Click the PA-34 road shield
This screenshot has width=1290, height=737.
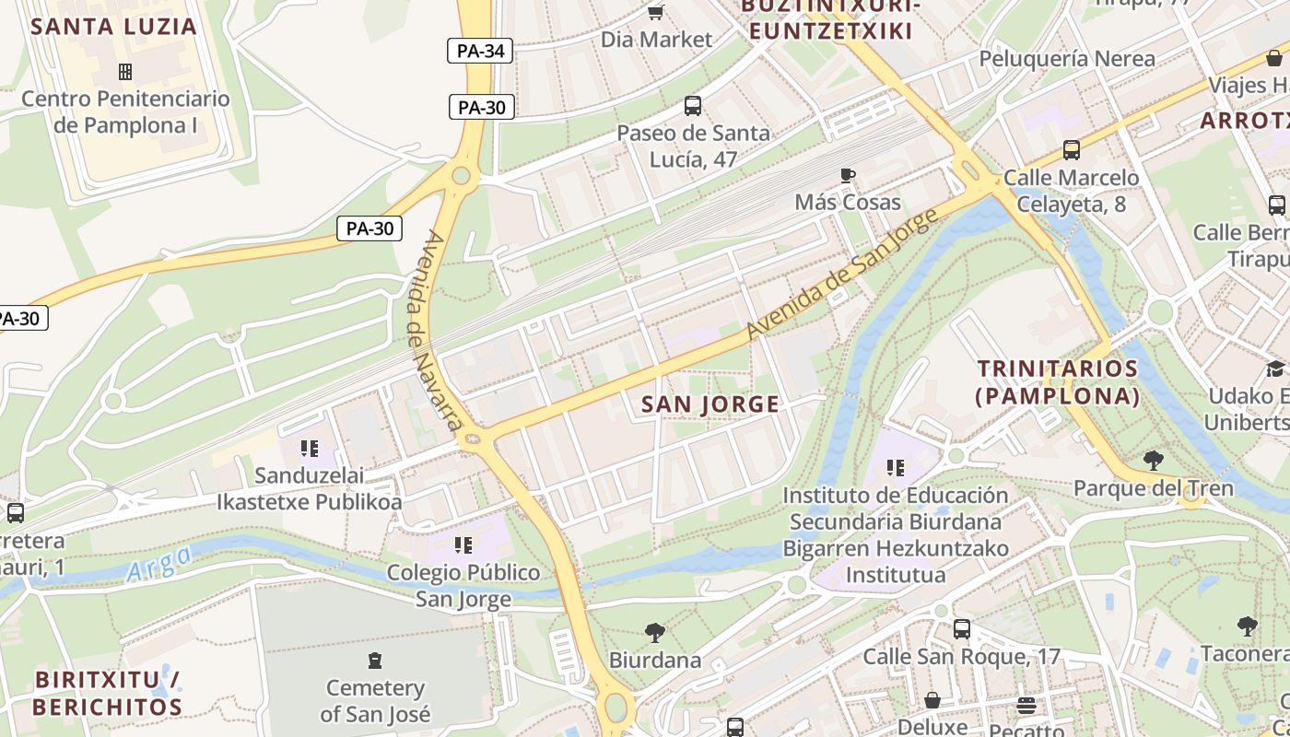pos(480,51)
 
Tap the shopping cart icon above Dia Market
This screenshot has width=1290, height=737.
pos(655,12)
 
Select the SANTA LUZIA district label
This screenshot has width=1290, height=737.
pos(114,26)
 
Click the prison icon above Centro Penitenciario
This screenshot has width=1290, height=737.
pos(125,71)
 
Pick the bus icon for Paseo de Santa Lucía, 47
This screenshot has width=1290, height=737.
pos(693,106)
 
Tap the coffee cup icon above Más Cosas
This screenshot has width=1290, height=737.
pos(848,175)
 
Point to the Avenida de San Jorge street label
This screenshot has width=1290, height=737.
pos(840,274)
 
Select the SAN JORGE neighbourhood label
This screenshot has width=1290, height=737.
pos(710,404)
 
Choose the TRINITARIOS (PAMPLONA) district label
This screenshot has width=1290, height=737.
pos(1058,382)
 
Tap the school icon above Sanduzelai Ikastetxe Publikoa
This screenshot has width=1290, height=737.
pos(310,449)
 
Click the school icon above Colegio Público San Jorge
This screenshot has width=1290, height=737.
pos(463,545)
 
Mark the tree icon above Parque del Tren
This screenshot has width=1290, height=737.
pos(1153,460)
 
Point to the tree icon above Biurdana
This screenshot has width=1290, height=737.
pos(655,633)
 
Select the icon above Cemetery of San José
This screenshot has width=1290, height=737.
pos(374,660)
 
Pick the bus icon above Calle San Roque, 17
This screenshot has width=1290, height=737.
pos(961,629)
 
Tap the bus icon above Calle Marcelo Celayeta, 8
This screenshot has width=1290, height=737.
pos(1072,149)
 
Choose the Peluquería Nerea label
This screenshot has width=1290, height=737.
pos(1066,59)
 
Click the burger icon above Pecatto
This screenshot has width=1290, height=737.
pos(1026,706)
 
